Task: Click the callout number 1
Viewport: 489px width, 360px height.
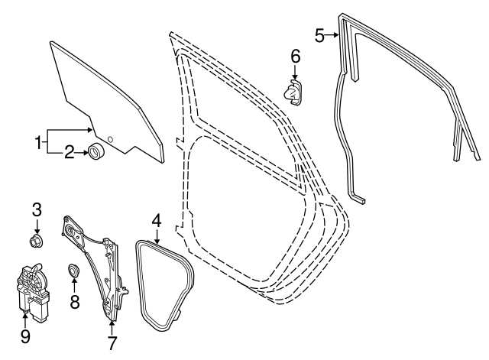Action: [x=37, y=141]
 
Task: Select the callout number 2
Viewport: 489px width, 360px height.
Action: [x=68, y=154]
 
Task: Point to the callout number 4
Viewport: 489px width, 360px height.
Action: [x=156, y=220]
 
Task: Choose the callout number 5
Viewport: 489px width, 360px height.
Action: [x=320, y=34]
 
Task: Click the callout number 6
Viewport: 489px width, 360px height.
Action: [x=296, y=56]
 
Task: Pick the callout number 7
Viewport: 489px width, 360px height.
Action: [x=112, y=343]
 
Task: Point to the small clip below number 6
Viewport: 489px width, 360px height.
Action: [x=294, y=93]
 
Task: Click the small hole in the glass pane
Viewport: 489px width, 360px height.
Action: [x=110, y=139]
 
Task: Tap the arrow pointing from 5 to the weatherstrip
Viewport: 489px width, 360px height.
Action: [x=334, y=35]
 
